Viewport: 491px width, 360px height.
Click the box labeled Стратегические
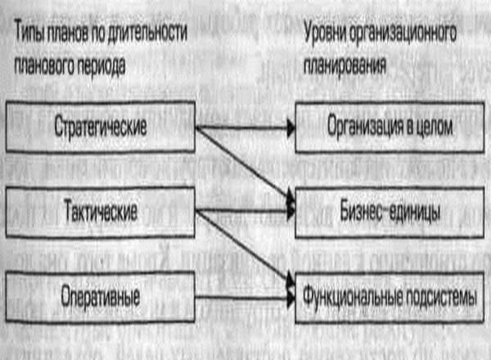[x=100, y=127]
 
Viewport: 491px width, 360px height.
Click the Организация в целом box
[x=385, y=127]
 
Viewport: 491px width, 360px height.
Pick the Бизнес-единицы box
[x=385, y=212]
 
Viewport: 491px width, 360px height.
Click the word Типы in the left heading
[x=29, y=31]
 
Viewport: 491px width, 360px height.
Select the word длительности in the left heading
[x=154, y=31]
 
